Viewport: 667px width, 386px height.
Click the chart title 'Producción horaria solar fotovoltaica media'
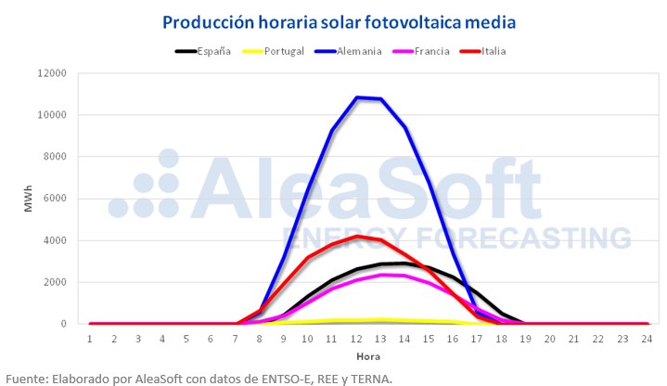click(x=339, y=20)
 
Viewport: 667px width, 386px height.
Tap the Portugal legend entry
click(x=282, y=51)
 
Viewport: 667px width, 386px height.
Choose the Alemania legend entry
click(x=356, y=51)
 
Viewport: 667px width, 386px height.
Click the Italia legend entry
click(x=493, y=51)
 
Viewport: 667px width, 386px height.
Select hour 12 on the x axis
click(x=357, y=340)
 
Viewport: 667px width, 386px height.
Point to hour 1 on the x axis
click(x=90, y=340)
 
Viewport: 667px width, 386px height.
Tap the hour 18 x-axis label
click(x=502, y=340)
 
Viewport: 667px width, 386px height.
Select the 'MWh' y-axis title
click(x=28, y=199)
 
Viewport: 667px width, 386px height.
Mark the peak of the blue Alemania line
click(x=357, y=97)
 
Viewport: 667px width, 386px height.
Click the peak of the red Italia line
click(x=357, y=237)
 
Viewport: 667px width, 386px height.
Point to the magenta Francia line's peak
click(x=381, y=275)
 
